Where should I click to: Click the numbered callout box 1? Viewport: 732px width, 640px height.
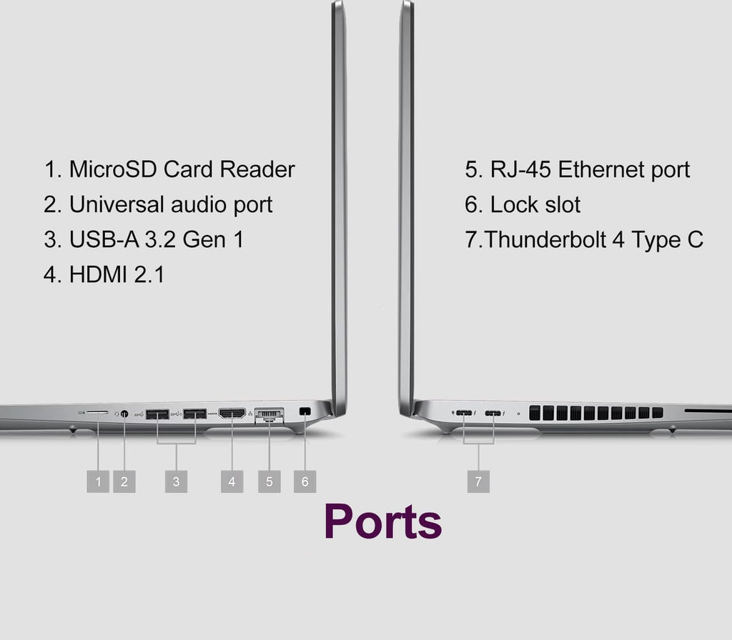(x=98, y=481)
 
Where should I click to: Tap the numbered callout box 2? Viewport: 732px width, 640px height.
(x=124, y=481)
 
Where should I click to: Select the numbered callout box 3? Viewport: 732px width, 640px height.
(x=176, y=481)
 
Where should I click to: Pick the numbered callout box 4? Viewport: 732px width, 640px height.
(x=232, y=481)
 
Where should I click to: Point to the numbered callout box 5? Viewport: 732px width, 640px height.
(x=269, y=481)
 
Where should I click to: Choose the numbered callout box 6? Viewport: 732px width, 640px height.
(x=305, y=481)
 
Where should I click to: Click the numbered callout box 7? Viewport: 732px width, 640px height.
(x=478, y=481)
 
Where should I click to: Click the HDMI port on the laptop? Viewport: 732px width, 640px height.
(x=232, y=414)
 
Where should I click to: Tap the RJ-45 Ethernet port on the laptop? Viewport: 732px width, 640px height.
(x=269, y=415)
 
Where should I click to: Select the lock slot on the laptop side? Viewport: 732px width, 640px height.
(x=305, y=411)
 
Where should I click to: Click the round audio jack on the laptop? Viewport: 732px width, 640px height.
(x=124, y=414)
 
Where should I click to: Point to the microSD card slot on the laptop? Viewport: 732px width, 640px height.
(x=97, y=413)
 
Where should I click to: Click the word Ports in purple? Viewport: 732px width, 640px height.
(x=383, y=521)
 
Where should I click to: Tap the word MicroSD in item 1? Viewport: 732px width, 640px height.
(x=113, y=169)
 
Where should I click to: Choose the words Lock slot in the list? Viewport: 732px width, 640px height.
(x=535, y=204)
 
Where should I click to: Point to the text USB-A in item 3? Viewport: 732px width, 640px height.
(x=104, y=239)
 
